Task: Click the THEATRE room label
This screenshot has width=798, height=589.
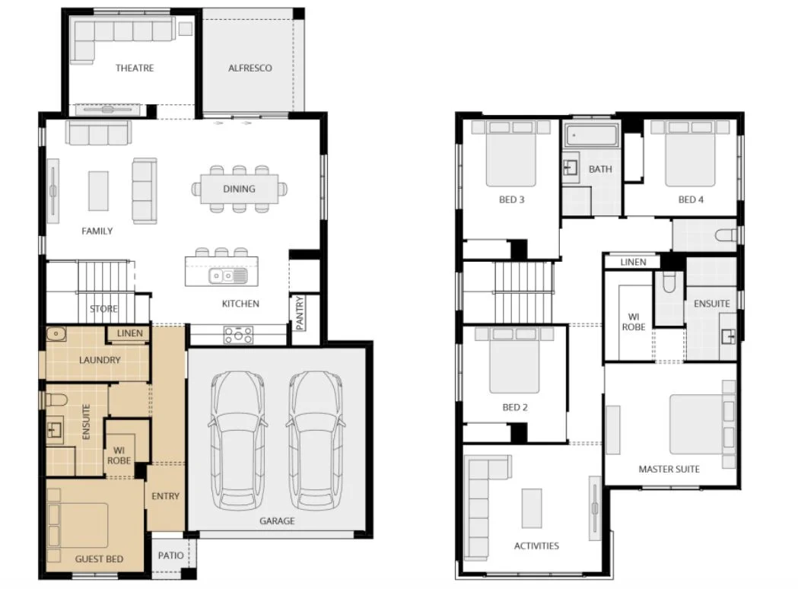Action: pyautogui.click(x=134, y=68)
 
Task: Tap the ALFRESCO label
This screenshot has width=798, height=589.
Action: pyautogui.click(x=250, y=68)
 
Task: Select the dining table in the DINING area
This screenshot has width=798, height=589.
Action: pyautogui.click(x=239, y=189)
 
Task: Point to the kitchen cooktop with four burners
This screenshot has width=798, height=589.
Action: pyautogui.click(x=238, y=334)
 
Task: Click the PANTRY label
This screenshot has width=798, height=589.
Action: pyautogui.click(x=299, y=313)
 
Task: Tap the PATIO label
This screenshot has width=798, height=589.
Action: pyautogui.click(x=170, y=556)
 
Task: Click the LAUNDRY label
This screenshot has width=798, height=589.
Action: pyautogui.click(x=100, y=359)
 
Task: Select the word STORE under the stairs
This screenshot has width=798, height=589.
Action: pyautogui.click(x=103, y=309)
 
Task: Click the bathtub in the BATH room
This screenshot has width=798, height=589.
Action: pyautogui.click(x=590, y=136)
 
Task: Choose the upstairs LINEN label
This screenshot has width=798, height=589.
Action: pyautogui.click(x=633, y=262)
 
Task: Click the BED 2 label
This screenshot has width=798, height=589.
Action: pyautogui.click(x=515, y=407)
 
